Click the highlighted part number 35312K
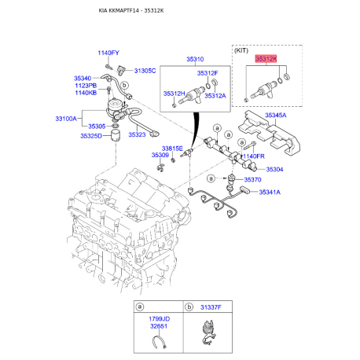pos(266,59)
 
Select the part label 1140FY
pos(108,53)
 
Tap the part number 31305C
pos(145,71)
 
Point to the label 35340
pos(83,79)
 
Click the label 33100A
pos(66,119)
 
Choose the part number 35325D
pos(91,136)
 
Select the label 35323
pos(137,134)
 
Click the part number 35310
pos(195,59)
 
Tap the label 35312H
pos(174,94)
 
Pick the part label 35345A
pos(276,116)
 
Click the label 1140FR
pos(254,156)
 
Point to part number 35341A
pos(270,192)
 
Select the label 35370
pos(253,180)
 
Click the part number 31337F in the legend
pos(211,307)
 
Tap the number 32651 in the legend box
pos(159,326)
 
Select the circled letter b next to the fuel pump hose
pos(125,85)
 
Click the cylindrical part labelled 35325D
pos(116,136)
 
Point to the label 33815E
pos(172,149)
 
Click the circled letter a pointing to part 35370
pos(211,178)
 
